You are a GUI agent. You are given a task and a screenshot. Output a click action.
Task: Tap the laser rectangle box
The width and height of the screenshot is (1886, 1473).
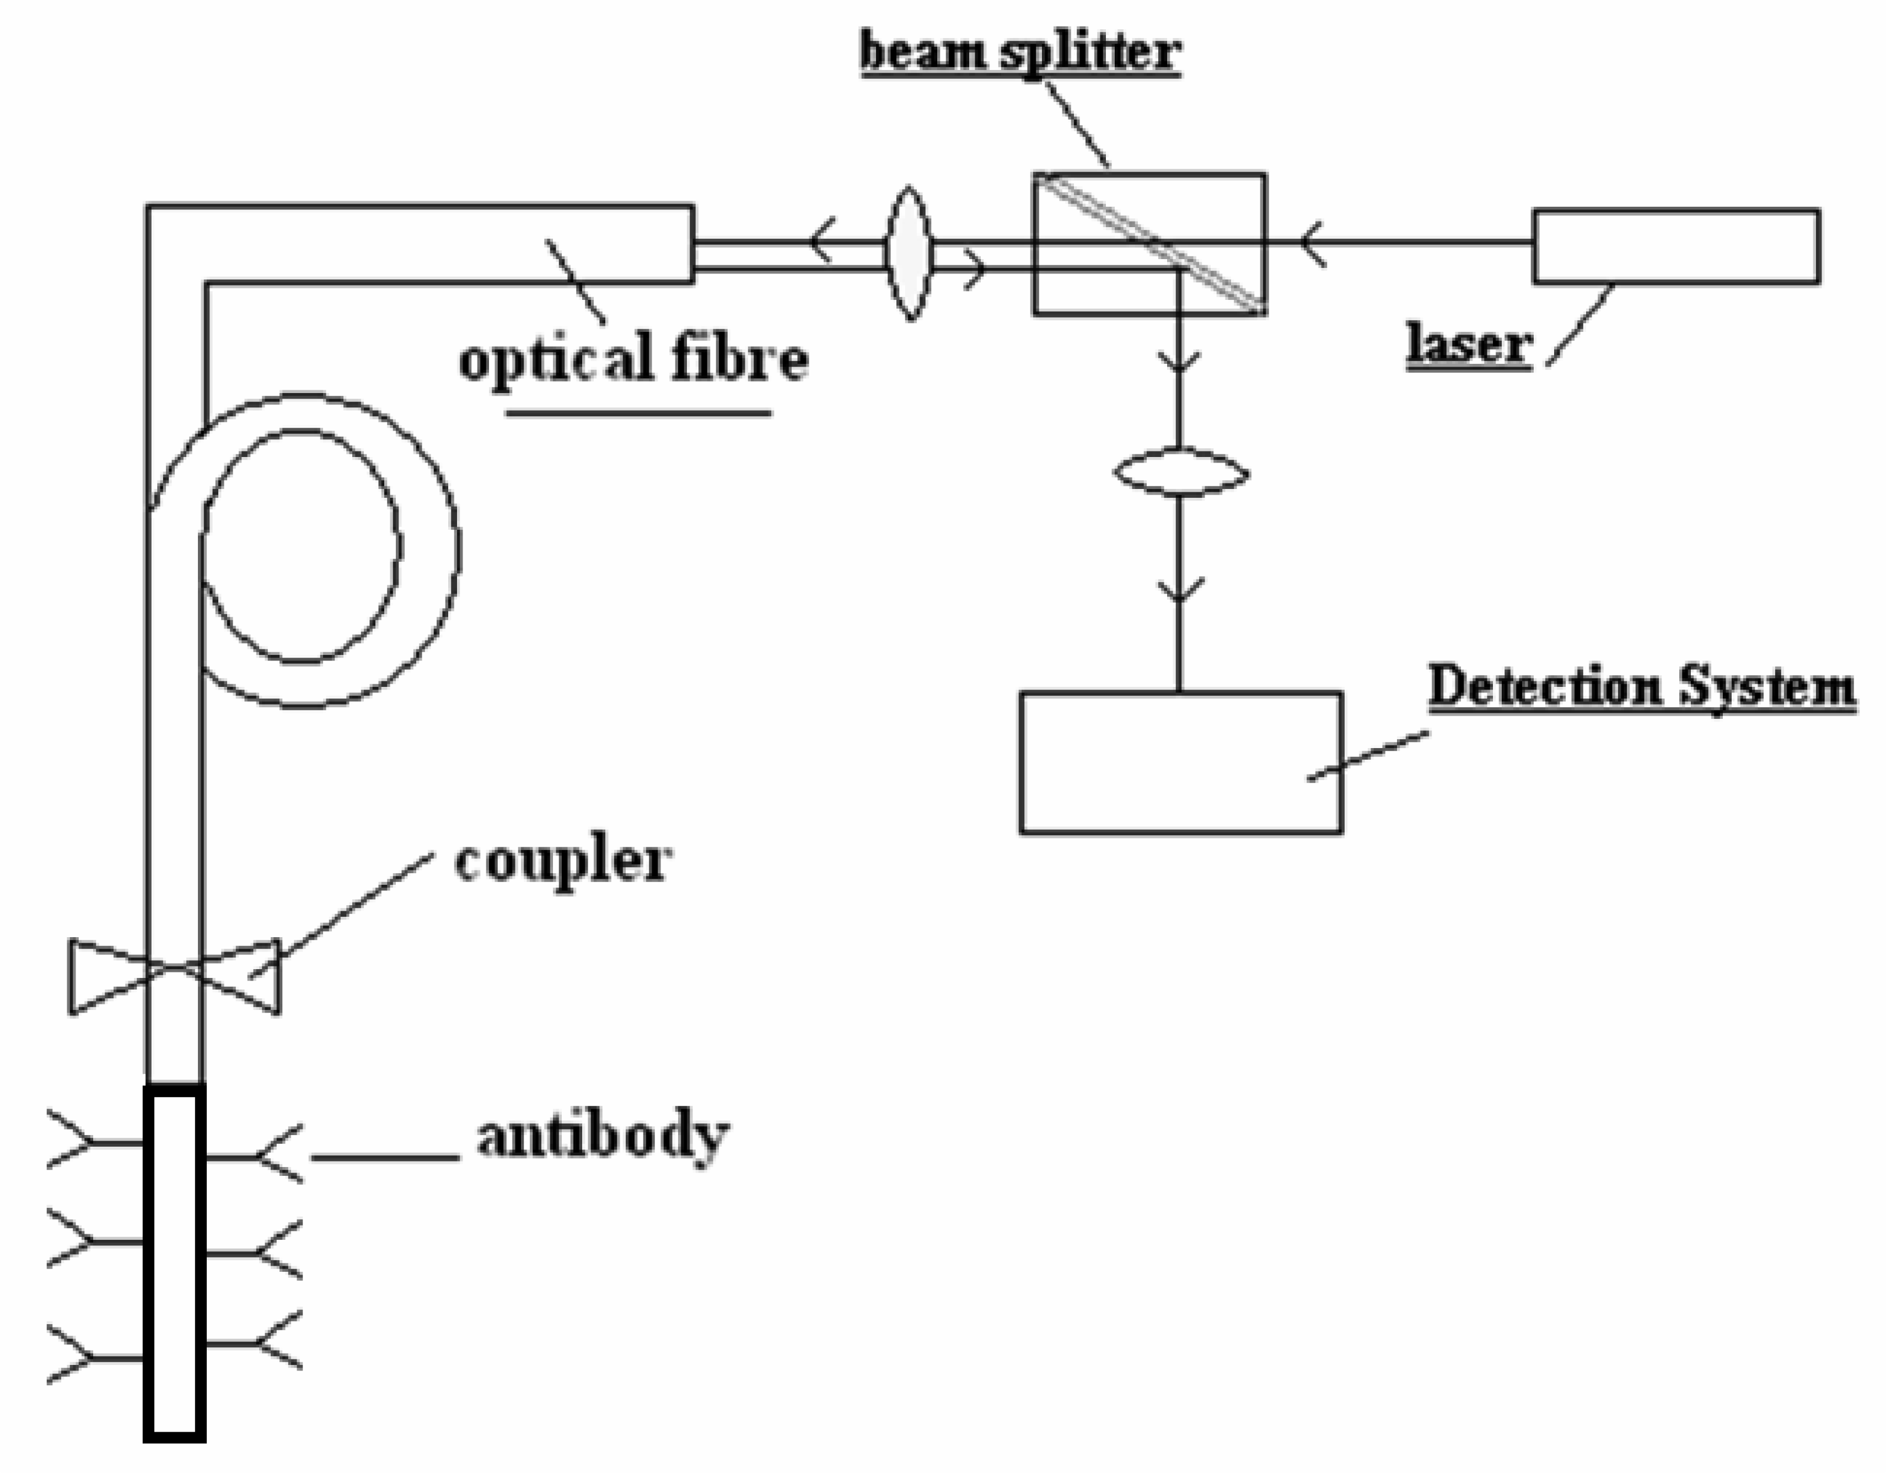(x=1676, y=246)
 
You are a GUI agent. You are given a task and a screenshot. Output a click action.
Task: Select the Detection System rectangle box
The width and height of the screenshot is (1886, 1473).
(x=1180, y=762)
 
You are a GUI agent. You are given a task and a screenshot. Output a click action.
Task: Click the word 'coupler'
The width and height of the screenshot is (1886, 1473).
(x=562, y=861)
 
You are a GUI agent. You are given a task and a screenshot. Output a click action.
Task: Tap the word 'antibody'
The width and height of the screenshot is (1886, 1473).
(x=603, y=1137)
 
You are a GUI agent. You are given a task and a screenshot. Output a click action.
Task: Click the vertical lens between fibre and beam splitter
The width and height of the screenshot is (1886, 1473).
(x=909, y=253)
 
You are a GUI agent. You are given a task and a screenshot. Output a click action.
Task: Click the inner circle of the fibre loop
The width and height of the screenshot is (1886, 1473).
(x=302, y=546)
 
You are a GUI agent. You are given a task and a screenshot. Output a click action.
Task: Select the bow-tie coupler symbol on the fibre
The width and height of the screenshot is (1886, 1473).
(x=174, y=976)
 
